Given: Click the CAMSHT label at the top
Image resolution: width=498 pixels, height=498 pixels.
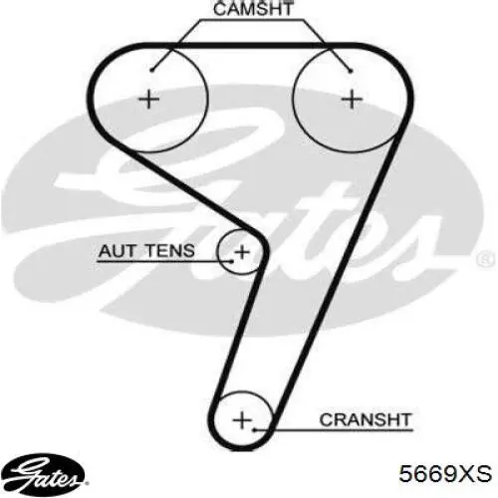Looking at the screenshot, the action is click(x=253, y=9).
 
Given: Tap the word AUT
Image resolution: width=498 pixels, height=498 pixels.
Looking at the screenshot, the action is click(x=115, y=251).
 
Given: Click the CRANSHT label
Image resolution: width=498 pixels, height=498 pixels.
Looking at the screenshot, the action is click(x=366, y=419).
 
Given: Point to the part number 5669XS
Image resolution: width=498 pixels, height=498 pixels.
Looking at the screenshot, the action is click(x=445, y=473).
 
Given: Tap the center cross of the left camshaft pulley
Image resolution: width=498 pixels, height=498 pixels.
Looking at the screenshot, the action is click(x=149, y=100).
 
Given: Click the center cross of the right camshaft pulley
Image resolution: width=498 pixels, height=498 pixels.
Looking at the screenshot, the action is click(x=352, y=100).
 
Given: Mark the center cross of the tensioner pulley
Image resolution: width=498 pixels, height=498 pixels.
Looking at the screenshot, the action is click(x=242, y=252).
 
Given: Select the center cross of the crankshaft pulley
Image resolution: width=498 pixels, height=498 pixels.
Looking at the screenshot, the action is click(x=243, y=420).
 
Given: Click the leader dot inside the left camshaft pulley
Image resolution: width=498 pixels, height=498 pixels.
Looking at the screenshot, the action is click(x=151, y=70).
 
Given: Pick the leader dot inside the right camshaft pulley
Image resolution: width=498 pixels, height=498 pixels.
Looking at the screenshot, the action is click(x=351, y=71).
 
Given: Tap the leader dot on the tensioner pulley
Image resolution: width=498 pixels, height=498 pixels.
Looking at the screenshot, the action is click(x=232, y=261).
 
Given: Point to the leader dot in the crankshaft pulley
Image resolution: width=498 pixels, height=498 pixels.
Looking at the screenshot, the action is click(x=255, y=430).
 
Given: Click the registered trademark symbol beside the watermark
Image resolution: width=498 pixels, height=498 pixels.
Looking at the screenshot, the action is click(x=486, y=259).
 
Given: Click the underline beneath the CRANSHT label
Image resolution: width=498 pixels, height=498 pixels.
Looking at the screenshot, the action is click(x=334, y=430).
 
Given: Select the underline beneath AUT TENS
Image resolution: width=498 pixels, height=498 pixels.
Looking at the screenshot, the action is click(x=164, y=261).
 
